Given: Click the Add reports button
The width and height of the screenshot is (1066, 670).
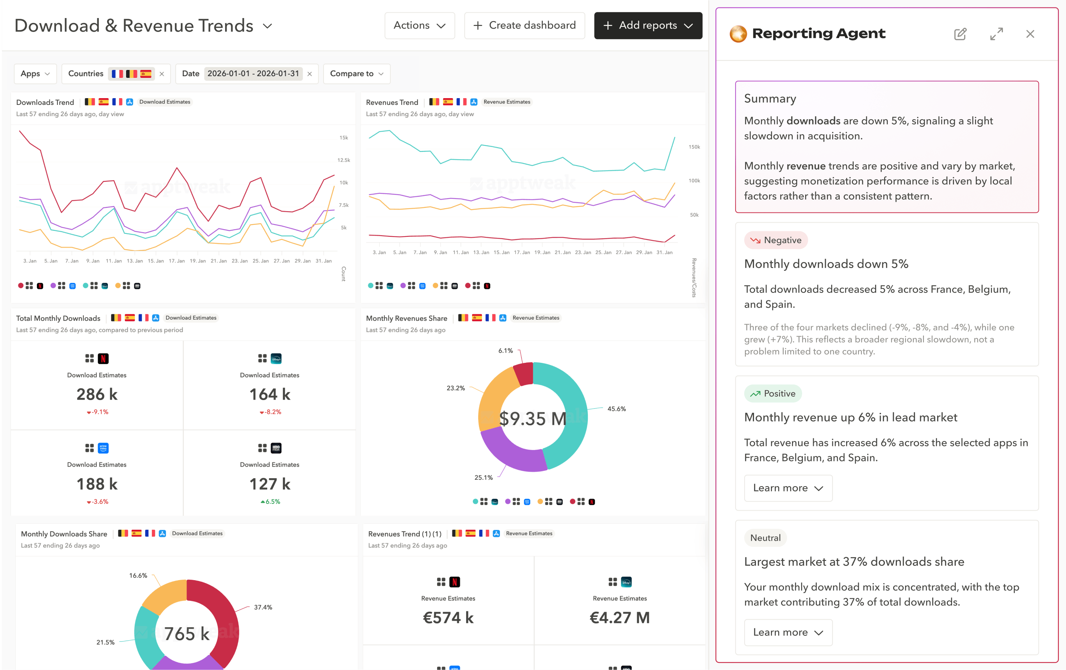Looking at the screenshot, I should pos(648,26).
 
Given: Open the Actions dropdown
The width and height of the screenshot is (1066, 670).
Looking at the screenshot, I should pos(419,26).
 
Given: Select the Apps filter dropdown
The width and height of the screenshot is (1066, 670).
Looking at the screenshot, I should pos(35,74).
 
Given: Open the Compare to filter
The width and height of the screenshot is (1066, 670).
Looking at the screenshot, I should pos(356,74).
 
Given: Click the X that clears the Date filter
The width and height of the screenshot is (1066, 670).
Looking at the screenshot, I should pos(309,74).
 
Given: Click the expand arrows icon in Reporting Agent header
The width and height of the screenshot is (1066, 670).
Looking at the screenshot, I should pos(996,34).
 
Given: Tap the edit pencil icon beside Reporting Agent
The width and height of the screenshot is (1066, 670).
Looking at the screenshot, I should pos(960,34).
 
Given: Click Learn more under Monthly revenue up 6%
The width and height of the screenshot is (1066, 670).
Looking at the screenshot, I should pos(787,488).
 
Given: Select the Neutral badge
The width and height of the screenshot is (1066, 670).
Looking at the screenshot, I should pos(765,538).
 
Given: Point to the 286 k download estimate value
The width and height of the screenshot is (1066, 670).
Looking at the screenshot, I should pos(97,394).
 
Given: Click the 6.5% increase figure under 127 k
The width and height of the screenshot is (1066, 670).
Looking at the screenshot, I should pos(271,502).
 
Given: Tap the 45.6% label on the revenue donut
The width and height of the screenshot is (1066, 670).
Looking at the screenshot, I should pos(616,409).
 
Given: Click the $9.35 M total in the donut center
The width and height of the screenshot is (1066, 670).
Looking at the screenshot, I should pos(532,418).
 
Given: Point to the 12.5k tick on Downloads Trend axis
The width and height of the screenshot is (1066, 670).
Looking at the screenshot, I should pos(344,160).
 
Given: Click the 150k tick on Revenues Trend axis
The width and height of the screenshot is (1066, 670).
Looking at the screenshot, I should pos(694,147).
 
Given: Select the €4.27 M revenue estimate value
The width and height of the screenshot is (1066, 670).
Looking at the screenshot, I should pos(619,617).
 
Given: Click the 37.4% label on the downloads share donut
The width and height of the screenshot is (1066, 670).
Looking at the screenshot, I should pos(263,607).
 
